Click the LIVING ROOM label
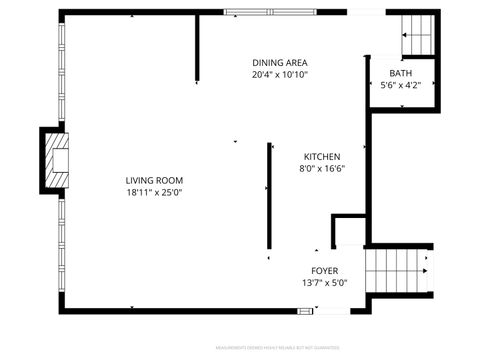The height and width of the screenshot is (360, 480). [x=154, y=180]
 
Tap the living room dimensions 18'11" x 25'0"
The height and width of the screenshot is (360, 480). [x=154, y=192]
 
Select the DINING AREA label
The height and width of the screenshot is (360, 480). [x=280, y=62]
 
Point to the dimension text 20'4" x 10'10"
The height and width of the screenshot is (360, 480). [x=280, y=74]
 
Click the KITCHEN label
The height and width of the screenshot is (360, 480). [x=323, y=157]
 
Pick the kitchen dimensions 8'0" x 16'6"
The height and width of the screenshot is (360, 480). [x=323, y=169]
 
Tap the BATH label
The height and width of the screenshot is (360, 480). [x=400, y=73]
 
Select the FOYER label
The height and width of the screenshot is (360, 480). [x=324, y=271]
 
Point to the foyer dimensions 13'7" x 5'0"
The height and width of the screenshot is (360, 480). [x=324, y=283]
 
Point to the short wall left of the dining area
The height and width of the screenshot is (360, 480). [x=198, y=48]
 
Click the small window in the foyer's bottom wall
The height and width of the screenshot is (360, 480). [x=305, y=310]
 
